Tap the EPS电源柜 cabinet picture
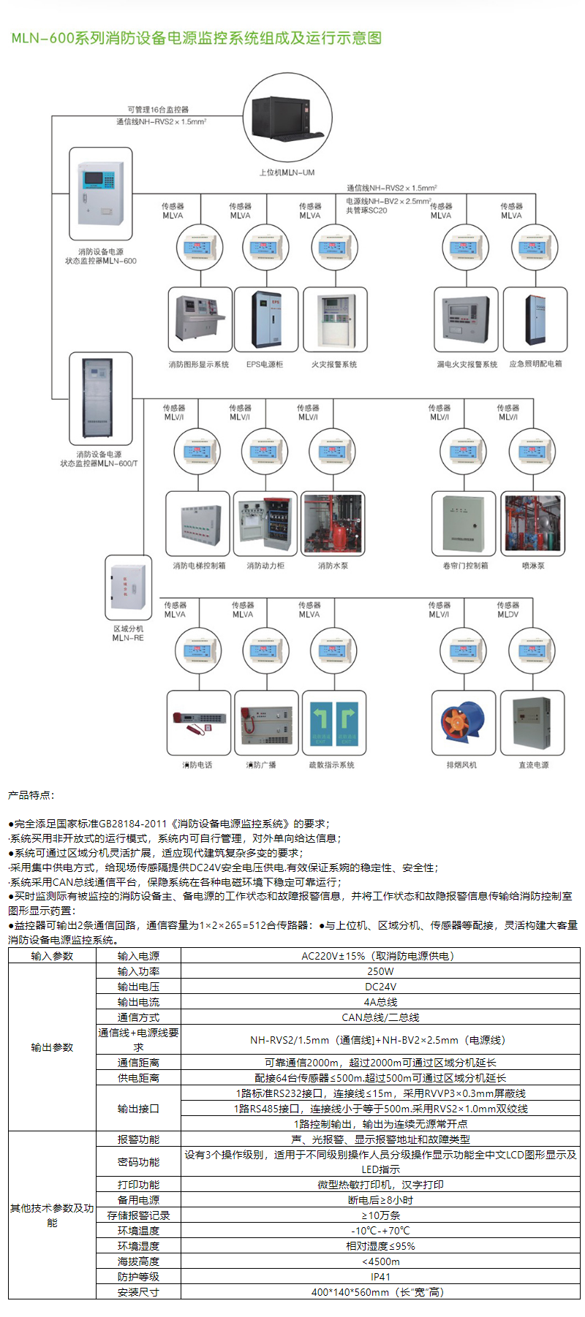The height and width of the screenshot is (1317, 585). click(x=265, y=320)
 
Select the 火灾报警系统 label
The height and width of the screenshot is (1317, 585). click(x=334, y=364)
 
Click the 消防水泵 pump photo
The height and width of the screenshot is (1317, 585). click(x=333, y=525)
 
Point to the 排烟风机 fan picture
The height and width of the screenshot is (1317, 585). click(x=462, y=722)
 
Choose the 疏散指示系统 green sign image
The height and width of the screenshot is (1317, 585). click(x=333, y=723)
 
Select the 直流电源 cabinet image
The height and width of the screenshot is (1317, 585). click(x=532, y=723)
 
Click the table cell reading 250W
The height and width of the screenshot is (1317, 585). click(x=380, y=971)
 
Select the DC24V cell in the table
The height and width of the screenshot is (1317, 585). click(x=380, y=987)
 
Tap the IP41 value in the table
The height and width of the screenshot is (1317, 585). click(x=380, y=1277)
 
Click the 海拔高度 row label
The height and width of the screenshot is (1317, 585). click(x=138, y=1261)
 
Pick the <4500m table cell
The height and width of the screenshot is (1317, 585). click(x=380, y=1261)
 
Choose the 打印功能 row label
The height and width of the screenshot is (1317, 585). click(x=138, y=1185)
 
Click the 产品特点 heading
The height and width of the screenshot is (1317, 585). click(x=31, y=795)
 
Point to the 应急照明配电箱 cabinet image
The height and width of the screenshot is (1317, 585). click(x=535, y=320)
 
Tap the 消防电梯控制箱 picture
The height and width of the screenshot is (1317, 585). click(x=199, y=525)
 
